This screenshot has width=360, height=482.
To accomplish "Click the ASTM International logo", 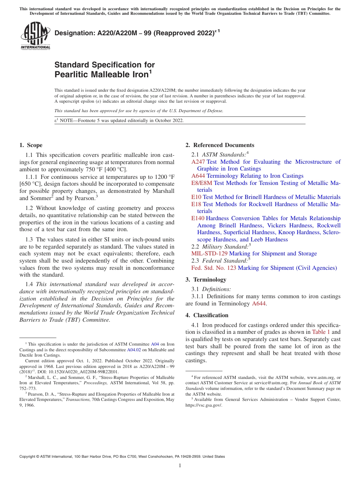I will (x=35, y=36).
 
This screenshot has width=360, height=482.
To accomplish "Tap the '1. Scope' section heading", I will (x=31, y=145).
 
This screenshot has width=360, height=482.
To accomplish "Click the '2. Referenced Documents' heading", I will (x=220, y=145).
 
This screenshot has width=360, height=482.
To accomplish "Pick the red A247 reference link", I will (x=198, y=162).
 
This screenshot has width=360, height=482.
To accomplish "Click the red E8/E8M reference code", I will (x=202, y=183).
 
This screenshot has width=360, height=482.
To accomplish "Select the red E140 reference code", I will (x=198, y=218).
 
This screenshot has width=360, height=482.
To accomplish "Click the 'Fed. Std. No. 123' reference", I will (x=214, y=268).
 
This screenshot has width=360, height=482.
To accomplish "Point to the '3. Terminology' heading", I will (x=206, y=280).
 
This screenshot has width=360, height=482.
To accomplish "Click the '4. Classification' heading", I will (x=207, y=315).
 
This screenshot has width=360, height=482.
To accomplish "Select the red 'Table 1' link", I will (x=321, y=332).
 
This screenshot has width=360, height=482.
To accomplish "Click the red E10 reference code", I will (x=196, y=197).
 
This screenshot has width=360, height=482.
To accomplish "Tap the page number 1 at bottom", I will (x=180, y=466).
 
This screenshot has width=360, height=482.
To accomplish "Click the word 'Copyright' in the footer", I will (x=28, y=457).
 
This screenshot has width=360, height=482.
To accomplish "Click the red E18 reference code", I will (x=196, y=204).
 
